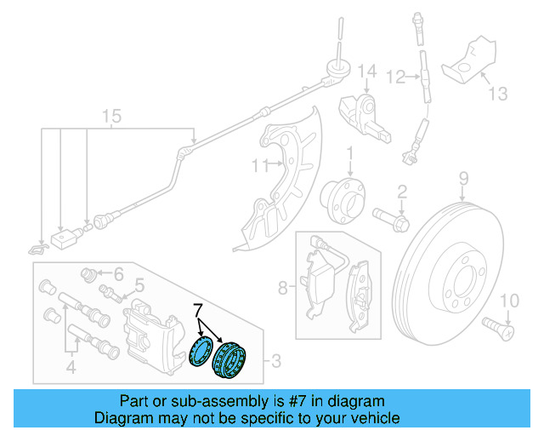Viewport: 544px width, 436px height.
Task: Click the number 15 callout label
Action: tap(108, 116)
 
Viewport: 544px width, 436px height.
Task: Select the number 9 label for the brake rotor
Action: tap(464, 178)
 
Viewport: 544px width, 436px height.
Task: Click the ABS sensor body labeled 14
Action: tap(363, 115)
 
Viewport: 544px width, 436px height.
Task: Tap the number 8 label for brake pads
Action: tap(282, 287)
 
